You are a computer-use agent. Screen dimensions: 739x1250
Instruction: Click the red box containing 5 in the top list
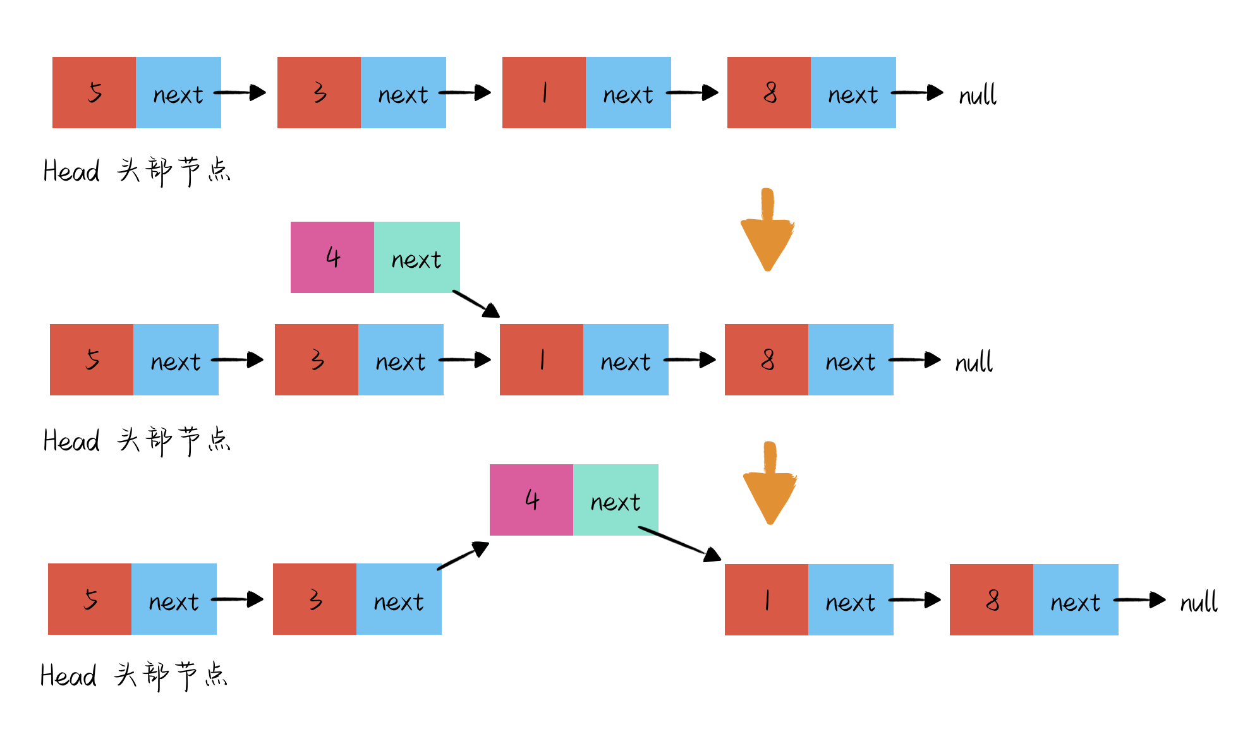pos(94,93)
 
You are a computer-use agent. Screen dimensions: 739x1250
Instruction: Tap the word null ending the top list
pos(977,95)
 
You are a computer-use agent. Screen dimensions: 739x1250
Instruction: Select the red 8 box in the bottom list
pos(991,599)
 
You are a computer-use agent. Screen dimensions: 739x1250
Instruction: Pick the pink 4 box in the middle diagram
pos(332,257)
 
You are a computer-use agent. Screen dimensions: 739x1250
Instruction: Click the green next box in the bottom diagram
pos(616,500)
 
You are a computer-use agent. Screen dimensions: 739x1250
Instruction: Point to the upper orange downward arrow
pos(767,231)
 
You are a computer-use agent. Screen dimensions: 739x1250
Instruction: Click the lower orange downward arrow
pos(770,484)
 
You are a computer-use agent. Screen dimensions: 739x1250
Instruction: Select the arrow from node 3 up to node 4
pos(463,556)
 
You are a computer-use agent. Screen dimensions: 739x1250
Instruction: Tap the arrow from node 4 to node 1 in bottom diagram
pos(680,543)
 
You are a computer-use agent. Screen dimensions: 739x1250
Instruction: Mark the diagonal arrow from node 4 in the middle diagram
pos(476,304)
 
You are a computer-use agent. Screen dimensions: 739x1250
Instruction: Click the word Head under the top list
pos(71,171)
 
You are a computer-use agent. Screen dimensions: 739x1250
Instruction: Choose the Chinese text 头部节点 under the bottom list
pos(171,675)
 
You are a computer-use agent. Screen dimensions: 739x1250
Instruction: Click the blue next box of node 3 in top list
pos(403,93)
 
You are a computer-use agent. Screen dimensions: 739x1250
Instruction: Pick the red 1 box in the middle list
pos(542,360)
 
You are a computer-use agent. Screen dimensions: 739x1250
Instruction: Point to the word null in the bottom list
pos(1198,602)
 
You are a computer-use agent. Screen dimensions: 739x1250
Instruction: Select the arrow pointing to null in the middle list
pos(915,360)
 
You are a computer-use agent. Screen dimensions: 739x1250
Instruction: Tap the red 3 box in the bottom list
pos(315,599)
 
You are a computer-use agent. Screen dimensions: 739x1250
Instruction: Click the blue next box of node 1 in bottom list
pos(851,600)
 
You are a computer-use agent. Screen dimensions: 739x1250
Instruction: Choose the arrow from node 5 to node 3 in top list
pos(240,93)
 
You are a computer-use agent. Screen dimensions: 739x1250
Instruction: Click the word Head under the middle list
pos(71,440)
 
